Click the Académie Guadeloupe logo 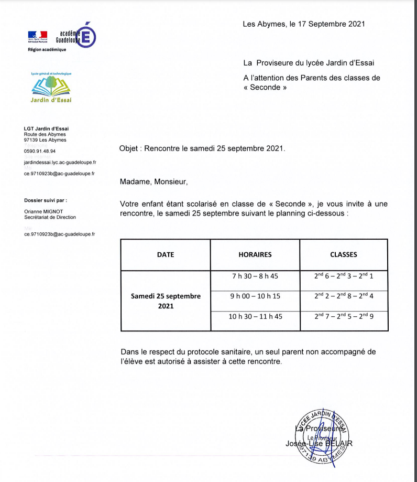point(62,36)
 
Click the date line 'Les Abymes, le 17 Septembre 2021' point(303,24)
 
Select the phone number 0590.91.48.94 point(40,151)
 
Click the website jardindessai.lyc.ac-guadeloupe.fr point(60,163)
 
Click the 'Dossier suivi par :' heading point(46,200)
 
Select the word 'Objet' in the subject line point(129,148)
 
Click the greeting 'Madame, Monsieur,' point(153,182)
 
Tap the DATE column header point(166,255)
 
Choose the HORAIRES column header point(255,255)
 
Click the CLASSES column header point(344,255)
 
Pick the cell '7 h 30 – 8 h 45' point(255,276)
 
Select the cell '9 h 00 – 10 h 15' point(255,296)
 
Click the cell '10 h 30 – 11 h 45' point(255,316)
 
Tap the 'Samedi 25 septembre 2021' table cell point(166,301)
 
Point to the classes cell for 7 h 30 point(344,275)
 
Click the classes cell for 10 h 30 point(344,316)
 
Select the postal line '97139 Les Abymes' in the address point(45,140)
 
